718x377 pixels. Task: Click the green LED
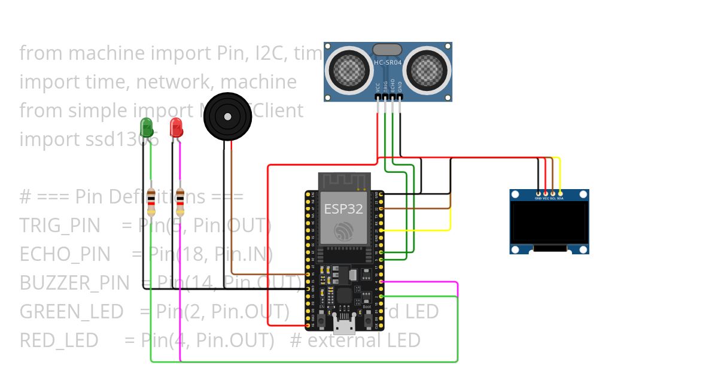tap(146, 127)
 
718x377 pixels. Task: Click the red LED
tap(176, 127)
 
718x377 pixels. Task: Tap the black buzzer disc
tap(227, 117)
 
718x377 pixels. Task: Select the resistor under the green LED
tap(151, 202)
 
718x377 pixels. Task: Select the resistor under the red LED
tap(180, 202)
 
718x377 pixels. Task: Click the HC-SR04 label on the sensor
tap(388, 62)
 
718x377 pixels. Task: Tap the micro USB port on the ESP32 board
tap(344, 327)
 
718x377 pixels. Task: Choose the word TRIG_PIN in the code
tap(59, 226)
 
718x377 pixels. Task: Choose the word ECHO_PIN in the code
tap(65, 254)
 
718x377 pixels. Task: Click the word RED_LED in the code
tap(59, 340)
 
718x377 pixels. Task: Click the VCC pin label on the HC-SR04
tap(378, 87)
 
